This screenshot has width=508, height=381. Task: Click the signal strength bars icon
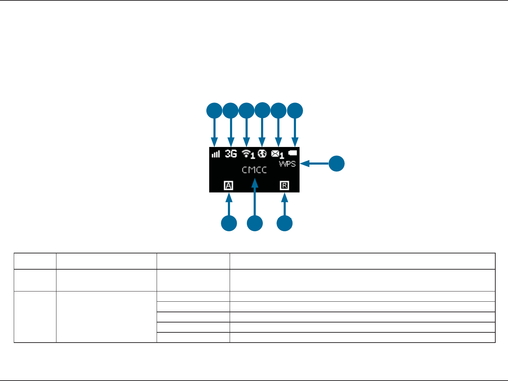coord(216,154)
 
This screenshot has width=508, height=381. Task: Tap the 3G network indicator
coord(231,154)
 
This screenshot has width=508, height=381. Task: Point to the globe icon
coord(262,153)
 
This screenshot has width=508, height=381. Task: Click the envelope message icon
coord(276,154)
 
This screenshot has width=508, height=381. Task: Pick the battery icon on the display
coord(293,153)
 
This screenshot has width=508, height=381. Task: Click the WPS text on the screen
coord(287,164)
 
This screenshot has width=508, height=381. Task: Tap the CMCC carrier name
coord(254,170)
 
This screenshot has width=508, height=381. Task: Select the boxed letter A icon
coord(229,185)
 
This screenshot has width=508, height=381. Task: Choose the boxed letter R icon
coord(284,185)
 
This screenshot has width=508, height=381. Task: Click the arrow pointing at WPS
coord(314,164)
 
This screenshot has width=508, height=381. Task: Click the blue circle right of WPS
coord(337,164)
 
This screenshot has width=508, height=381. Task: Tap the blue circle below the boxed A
coord(229,223)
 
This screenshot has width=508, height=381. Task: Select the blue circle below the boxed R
coord(285,223)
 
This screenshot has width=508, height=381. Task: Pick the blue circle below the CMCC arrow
coord(255,223)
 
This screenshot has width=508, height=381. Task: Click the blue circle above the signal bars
coord(214,111)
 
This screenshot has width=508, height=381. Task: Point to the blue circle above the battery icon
coord(295,111)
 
